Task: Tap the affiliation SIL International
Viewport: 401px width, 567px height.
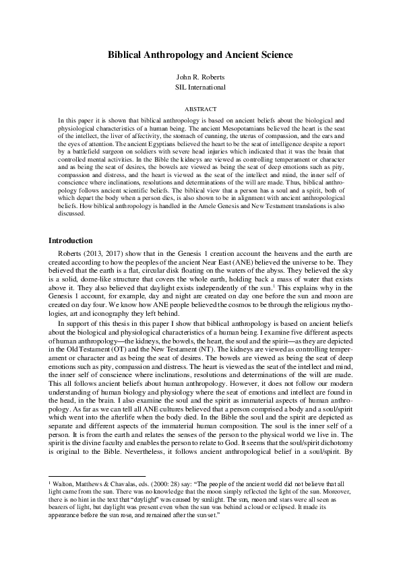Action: [200, 88]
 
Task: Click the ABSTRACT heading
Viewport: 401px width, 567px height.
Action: [200, 108]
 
